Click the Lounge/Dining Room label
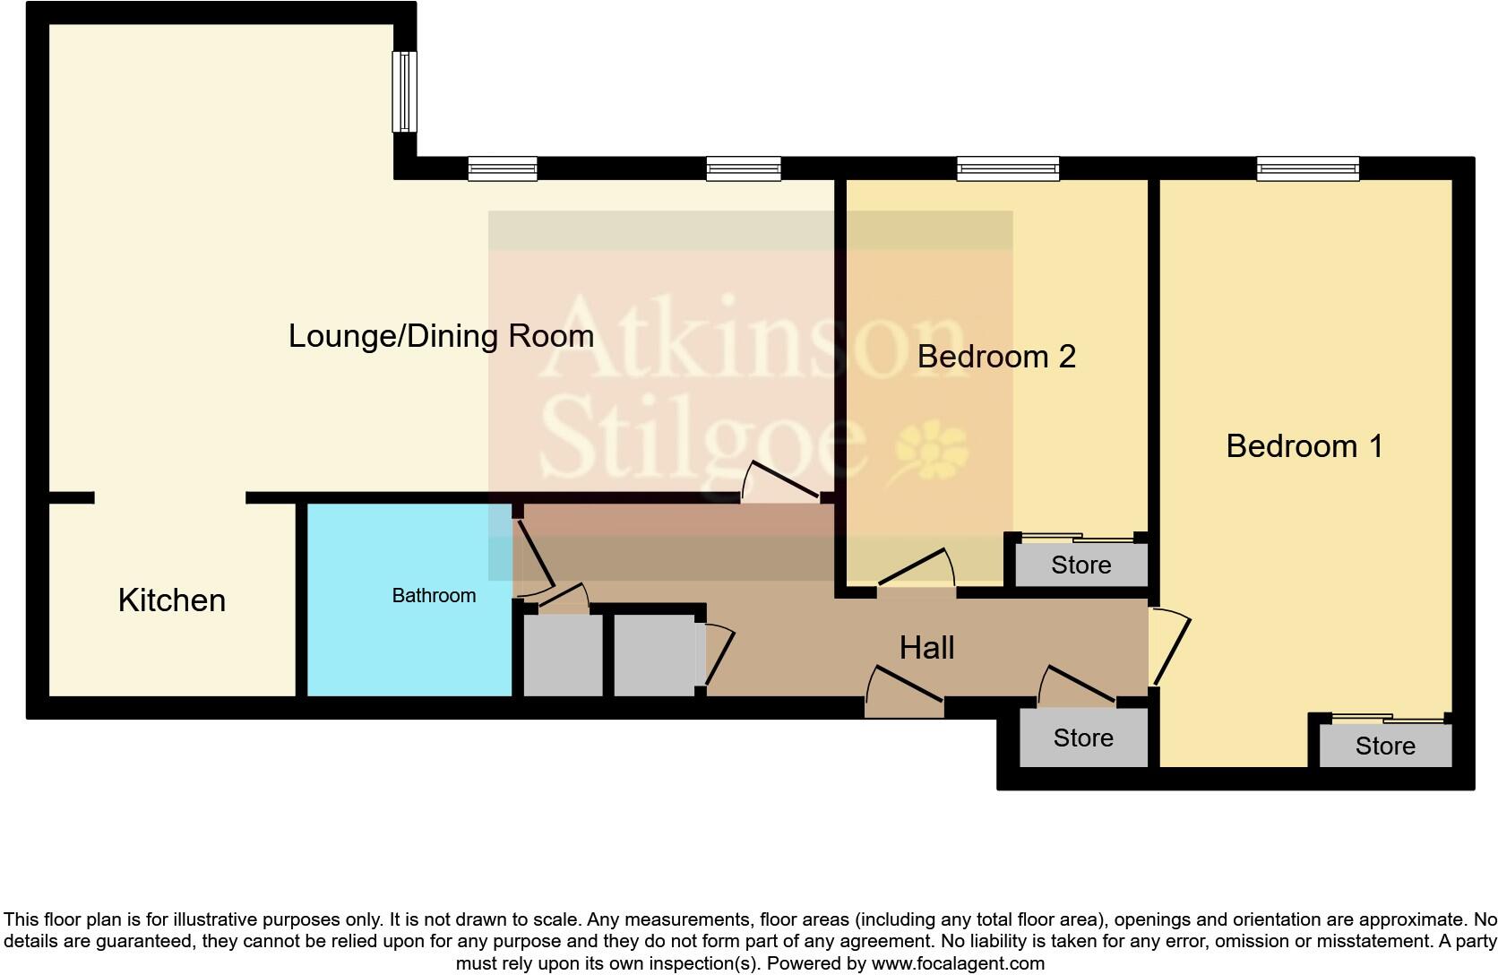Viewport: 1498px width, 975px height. (441, 337)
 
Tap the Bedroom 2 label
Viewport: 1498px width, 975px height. (995, 357)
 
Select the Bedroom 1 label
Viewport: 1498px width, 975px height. (1304, 446)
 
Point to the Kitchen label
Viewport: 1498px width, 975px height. (171, 600)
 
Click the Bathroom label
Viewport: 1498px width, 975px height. (434, 596)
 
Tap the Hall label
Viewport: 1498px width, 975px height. (926, 648)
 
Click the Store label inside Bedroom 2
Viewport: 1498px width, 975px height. (1080, 565)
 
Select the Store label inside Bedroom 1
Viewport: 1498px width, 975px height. (1384, 746)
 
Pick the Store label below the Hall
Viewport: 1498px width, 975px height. (1082, 738)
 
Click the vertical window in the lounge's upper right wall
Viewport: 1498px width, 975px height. (405, 91)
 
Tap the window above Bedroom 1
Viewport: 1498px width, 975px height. (1307, 168)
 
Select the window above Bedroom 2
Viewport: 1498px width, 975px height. (1007, 168)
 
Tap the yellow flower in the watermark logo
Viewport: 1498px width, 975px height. (932, 449)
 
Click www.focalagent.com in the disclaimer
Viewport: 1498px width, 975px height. (957, 964)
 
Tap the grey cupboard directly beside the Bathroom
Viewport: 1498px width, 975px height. (563, 655)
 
